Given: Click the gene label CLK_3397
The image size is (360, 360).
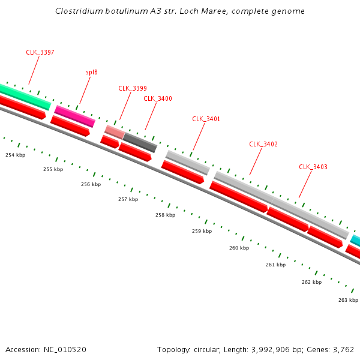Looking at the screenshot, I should (40, 52).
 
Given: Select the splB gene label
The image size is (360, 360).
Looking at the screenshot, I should (92, 72).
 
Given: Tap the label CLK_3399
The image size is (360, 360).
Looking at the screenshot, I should (133, 88).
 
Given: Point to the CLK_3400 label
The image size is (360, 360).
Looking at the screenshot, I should (158, 98).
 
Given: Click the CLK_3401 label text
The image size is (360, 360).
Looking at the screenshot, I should (206, 119).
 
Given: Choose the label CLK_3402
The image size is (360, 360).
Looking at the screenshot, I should (263, 144).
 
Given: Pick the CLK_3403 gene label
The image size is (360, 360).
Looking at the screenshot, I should (313, 167).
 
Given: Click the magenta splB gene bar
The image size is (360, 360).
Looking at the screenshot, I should (75, 116).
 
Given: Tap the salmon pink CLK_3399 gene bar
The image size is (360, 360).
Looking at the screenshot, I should (114, 132).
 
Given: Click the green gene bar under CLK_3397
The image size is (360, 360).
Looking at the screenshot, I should (24, 97).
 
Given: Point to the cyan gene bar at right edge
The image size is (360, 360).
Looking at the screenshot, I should (356, 241).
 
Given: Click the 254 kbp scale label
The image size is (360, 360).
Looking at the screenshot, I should (16, 155).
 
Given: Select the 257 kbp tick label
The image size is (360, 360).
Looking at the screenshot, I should (128, 199).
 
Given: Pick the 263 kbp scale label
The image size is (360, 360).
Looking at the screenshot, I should (348, 300).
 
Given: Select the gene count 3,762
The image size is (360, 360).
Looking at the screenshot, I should (343, 349).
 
